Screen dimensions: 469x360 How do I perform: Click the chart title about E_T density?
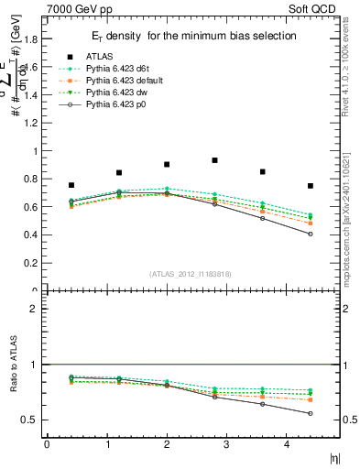(x=191, y=36)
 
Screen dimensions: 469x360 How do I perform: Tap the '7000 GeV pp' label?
(x=80, y=8)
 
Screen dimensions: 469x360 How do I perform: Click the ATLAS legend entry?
(x=102, y=56)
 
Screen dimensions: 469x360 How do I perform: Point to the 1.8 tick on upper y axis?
(x=34, y=39)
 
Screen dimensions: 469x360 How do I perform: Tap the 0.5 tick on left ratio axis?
(x=34, y=420)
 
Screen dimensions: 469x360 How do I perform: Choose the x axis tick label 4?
(x=287, y=444)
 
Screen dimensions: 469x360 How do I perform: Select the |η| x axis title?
(x=333, y=457)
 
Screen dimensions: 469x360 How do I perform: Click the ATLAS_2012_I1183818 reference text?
(x=191, y=273)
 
